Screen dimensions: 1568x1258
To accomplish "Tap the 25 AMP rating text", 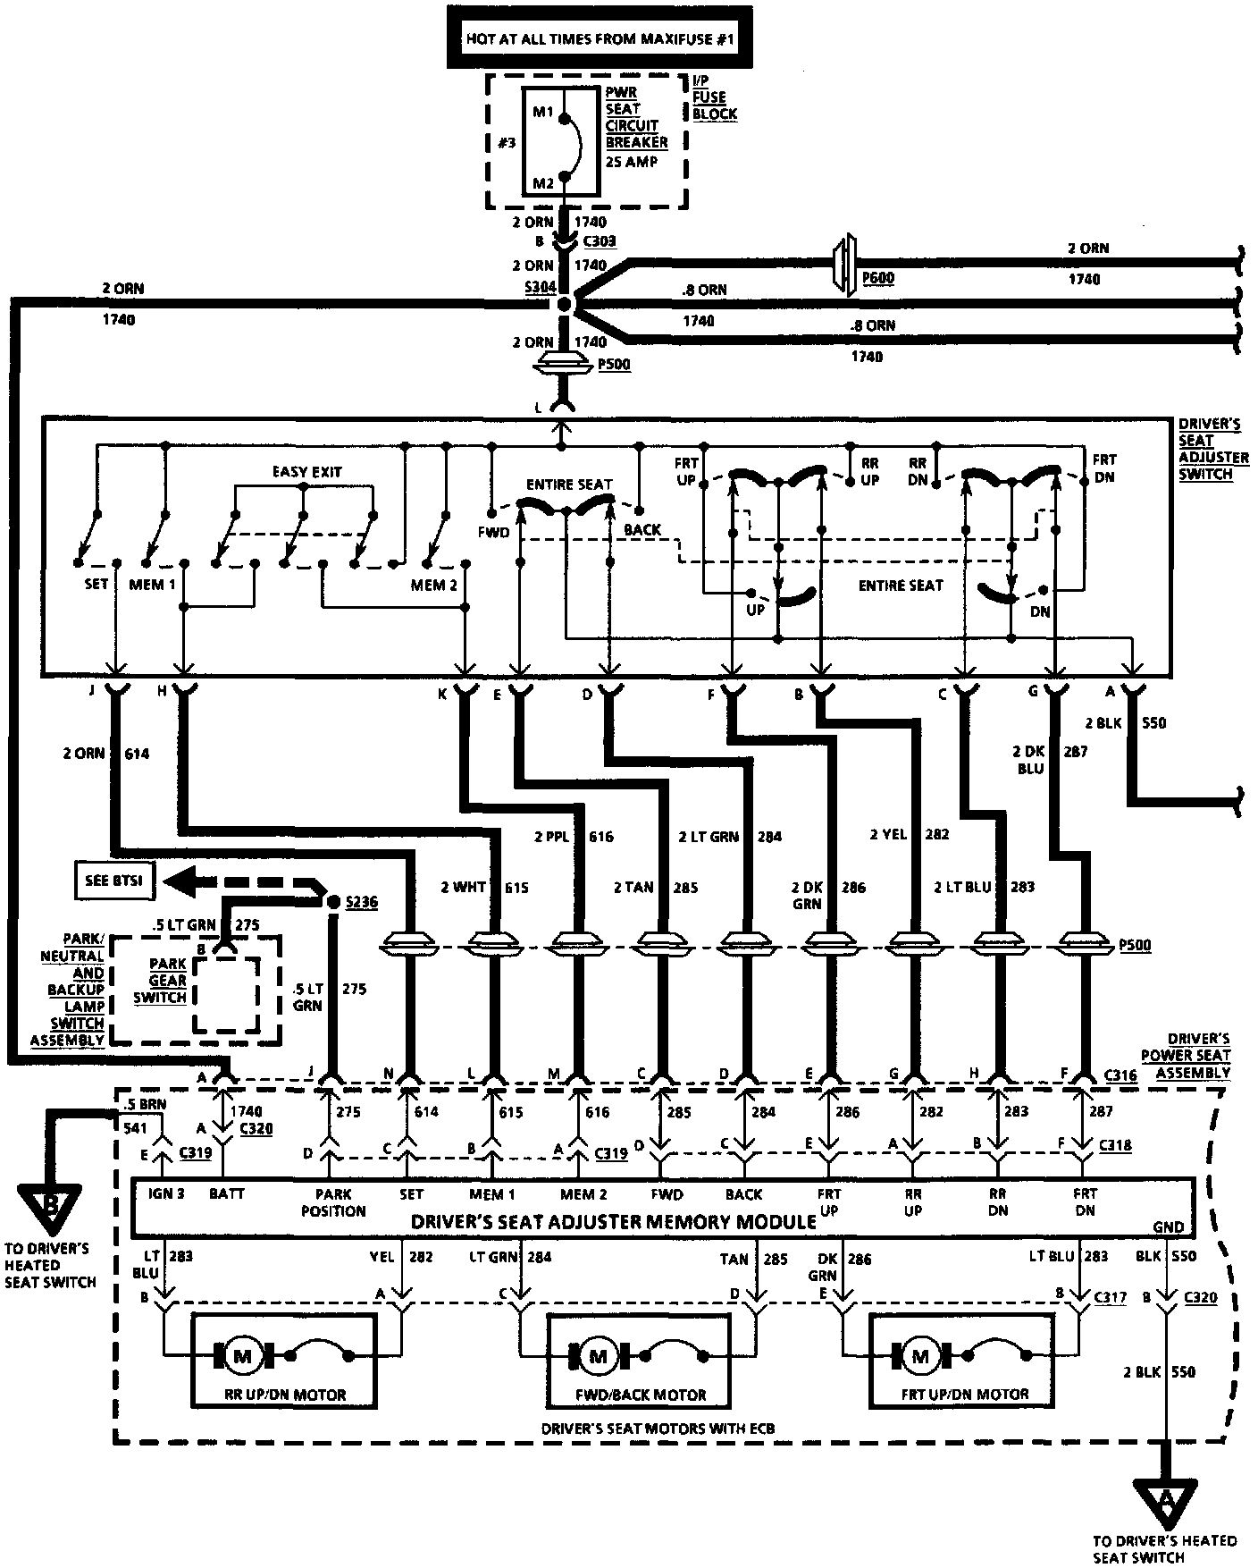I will [631, 162].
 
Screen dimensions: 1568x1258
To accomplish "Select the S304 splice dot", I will [564, 304].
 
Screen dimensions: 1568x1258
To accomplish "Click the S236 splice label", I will [360, 902].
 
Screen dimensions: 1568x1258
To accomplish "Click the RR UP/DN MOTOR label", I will [285, 1394].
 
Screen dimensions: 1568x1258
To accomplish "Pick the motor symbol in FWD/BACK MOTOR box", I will [598, 1356].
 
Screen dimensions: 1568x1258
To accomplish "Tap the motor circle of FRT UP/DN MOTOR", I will [919, 1356].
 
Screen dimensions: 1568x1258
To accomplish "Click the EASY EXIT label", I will [306, 471].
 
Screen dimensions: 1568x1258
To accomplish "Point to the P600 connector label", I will [877, 278].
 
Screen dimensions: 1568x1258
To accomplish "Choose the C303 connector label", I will [599, 241].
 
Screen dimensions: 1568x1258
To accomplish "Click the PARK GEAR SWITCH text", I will [167, 981].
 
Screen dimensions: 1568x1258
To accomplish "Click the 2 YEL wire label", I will [888, 834].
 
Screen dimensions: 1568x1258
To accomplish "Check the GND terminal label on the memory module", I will [1168, 1227].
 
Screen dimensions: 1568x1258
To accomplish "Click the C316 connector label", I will [1120, 1075].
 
